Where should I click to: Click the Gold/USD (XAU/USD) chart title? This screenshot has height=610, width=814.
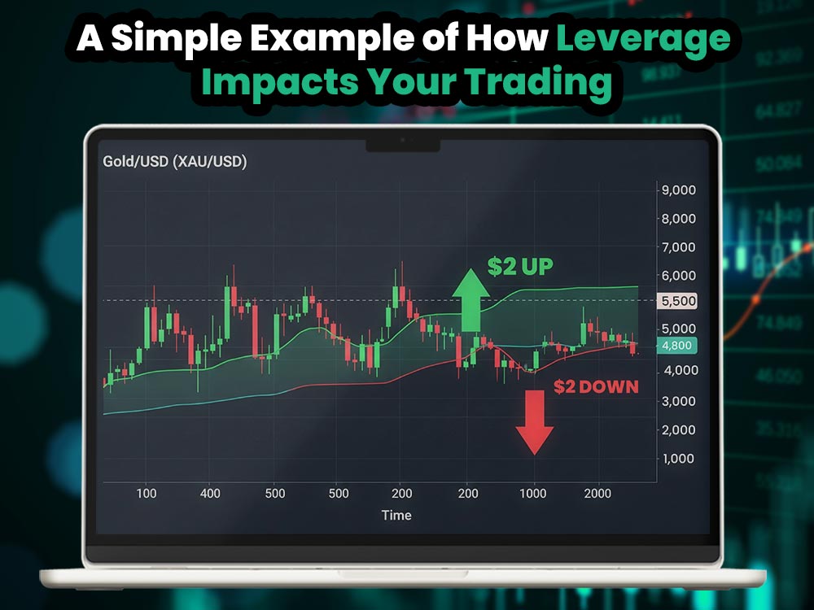(x=174, y=161)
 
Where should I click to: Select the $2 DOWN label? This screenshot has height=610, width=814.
(x=596, y=387)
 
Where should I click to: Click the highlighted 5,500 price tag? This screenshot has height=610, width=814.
(x=677, y=300)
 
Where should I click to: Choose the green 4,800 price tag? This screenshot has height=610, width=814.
(x=676, y=346)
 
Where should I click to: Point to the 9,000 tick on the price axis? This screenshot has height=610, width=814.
(x=677, y=190)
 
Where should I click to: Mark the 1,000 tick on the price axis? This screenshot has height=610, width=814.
(x=677, y=459)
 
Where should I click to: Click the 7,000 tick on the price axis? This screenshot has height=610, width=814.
(x=677, y=246)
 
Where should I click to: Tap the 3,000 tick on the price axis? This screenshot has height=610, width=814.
(x=677, y=401)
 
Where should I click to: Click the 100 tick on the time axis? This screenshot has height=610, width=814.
(x=147, y=494)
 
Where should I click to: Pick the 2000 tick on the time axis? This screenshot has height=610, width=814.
(x=597, y=494)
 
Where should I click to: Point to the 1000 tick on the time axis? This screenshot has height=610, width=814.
(x=533, y=494)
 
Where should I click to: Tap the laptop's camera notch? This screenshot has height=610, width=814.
(x=403, y=145)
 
